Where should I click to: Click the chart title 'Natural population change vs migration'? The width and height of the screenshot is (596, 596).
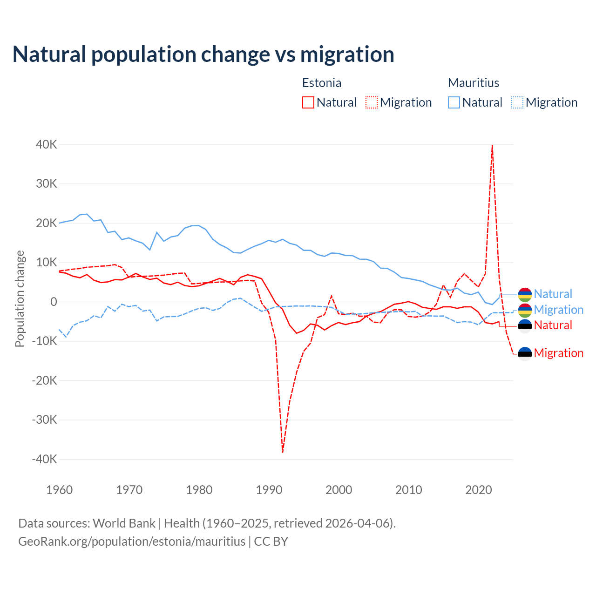point(203,54)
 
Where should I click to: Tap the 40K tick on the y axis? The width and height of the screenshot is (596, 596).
point(47,144)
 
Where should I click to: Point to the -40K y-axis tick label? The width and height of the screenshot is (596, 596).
point(45,459)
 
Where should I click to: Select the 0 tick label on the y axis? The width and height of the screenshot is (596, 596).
point(54,302)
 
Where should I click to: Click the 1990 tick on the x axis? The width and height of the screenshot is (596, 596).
point(269,490)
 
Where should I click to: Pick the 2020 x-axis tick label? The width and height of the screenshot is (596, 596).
point(479,490)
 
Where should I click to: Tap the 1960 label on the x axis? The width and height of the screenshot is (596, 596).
point(60,490)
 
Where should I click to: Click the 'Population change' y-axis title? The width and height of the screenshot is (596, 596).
point(20,298)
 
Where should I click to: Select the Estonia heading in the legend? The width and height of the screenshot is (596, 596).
point(322,83)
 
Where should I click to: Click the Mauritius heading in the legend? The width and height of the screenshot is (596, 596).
point(474,83)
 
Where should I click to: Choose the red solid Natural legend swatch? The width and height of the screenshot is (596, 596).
point(308,102)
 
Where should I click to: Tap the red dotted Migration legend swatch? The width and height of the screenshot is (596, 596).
point(372,102)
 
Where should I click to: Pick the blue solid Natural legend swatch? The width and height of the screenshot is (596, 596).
point(454,102)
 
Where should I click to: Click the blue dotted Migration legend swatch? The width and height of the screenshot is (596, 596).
point(517,102)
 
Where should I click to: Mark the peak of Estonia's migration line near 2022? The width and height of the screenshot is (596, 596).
point(492,146)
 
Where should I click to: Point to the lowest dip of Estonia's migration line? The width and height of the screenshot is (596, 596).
point(283,452)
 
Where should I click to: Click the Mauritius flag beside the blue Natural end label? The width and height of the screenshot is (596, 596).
point(525,294)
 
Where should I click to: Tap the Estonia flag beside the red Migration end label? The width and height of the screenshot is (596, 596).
point(525,353)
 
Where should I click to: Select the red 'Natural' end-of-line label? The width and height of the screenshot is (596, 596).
point(553,325)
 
